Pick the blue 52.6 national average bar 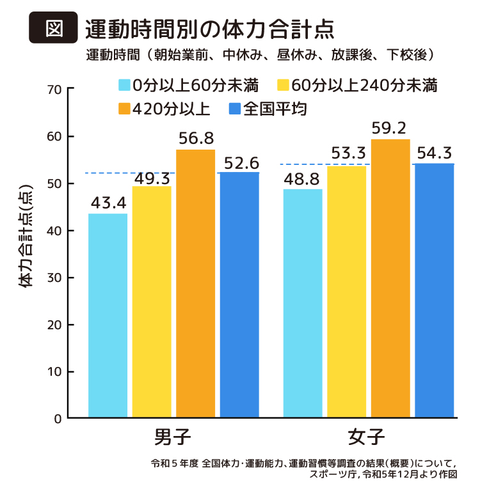(x=239, y=295)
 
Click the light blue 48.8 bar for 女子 (x=303, y=303)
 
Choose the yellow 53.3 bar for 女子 (x=346, y=292)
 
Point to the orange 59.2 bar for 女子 (x=390, y=278)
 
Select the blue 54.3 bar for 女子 (x=435, y=290)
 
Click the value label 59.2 (x=390, y=129)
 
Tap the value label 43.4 (x=108, y=203)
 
